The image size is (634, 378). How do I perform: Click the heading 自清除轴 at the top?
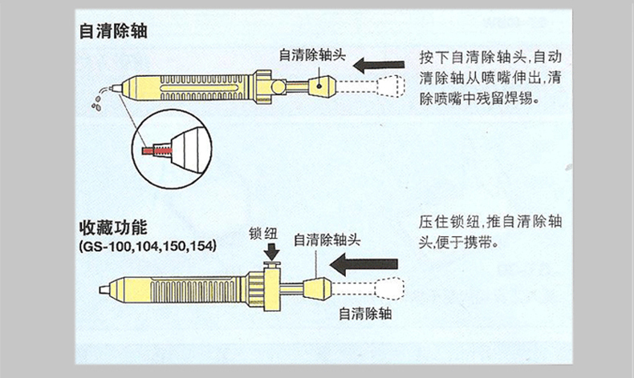pos(113,31)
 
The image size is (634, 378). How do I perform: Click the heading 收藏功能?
pos(113,228)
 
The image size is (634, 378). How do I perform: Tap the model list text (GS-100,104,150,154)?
pos(148,246)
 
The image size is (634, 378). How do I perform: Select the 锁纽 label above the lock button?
pos(262,233)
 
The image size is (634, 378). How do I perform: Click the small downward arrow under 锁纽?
pos(272,251)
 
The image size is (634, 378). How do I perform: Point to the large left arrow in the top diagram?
pos(379,65)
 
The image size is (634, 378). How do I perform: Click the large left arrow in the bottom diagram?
pos(364,264)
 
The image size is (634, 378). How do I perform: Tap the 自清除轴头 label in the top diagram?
pos(312,55)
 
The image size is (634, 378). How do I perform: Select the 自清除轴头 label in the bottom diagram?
pos(327,240)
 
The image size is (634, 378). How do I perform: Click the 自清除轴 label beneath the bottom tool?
pos(365,313)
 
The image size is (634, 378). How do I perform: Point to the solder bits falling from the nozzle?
pos(97,103)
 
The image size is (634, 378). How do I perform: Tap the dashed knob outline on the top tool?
pos(391,86)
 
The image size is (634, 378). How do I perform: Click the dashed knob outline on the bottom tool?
pos(389,288)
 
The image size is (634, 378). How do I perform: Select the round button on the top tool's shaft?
pos(278,86)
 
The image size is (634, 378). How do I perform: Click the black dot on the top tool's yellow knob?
pos(319,86)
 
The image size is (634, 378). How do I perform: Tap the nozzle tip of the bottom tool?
pos(104,290)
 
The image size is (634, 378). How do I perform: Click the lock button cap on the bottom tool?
pos(272,264)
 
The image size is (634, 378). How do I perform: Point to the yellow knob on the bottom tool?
pos(318,288)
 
